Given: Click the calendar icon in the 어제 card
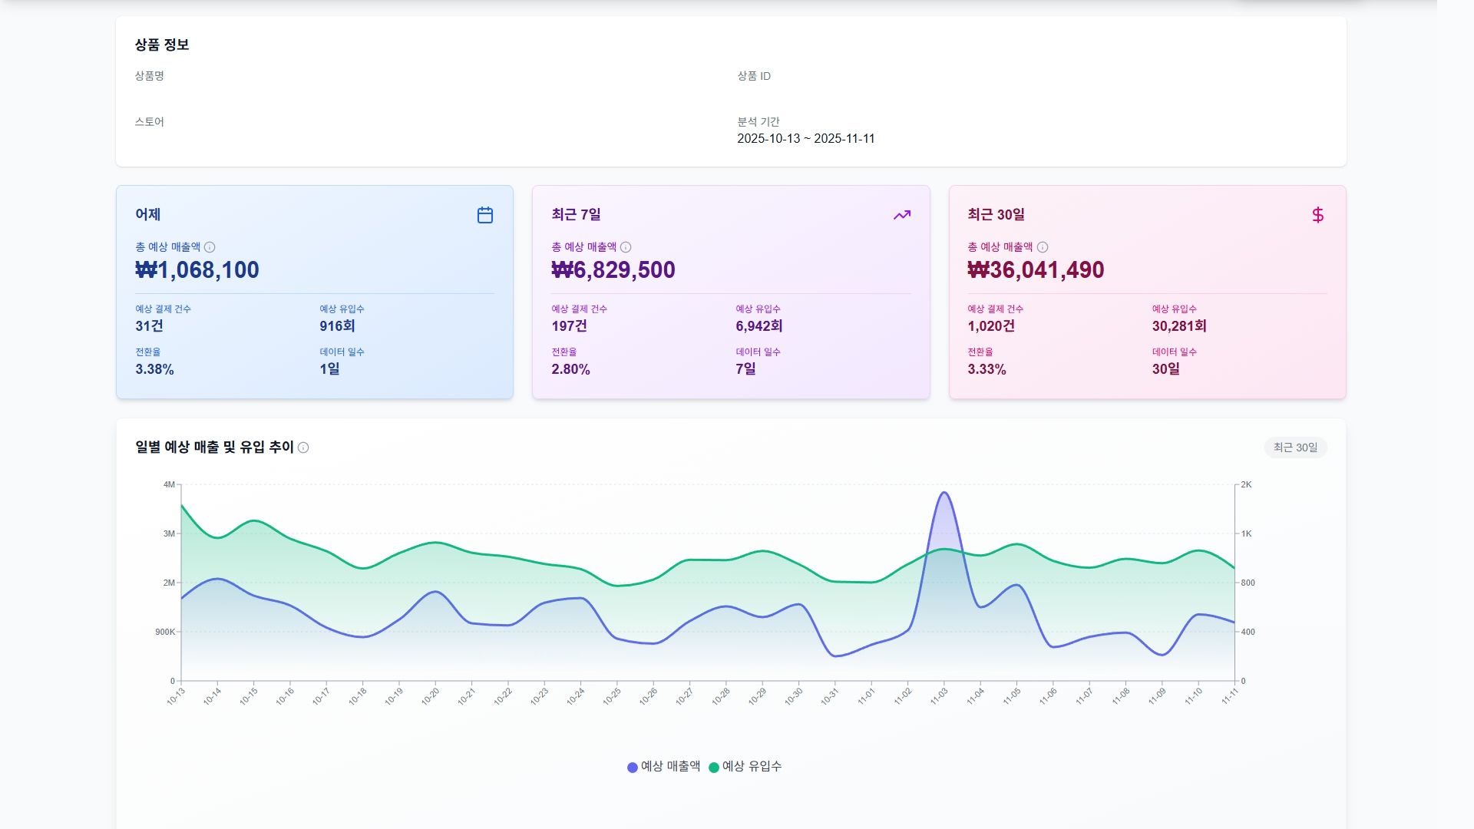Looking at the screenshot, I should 485,215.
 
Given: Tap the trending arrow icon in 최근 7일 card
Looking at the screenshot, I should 902,215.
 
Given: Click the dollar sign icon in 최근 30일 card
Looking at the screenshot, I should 1317,215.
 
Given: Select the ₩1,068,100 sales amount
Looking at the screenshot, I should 197,270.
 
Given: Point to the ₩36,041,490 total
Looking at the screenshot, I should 1036,270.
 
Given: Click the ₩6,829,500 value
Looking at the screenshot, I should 613,270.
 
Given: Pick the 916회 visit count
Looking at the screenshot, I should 337,326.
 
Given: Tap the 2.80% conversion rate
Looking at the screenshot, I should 570,369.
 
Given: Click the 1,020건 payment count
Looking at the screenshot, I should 991,326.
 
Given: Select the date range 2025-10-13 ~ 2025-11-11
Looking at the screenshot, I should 805,139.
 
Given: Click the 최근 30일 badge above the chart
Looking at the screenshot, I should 1295,448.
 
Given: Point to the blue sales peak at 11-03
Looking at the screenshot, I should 944,494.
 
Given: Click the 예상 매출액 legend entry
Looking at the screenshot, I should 664,766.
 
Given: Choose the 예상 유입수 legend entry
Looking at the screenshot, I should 745,766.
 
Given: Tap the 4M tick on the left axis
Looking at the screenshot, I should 169,484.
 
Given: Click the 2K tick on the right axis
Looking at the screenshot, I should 1246,484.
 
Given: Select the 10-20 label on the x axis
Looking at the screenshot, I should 431,696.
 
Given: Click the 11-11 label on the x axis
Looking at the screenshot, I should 1230,696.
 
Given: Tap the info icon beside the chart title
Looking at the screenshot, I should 303,448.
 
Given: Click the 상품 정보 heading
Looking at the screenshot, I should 162,45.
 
